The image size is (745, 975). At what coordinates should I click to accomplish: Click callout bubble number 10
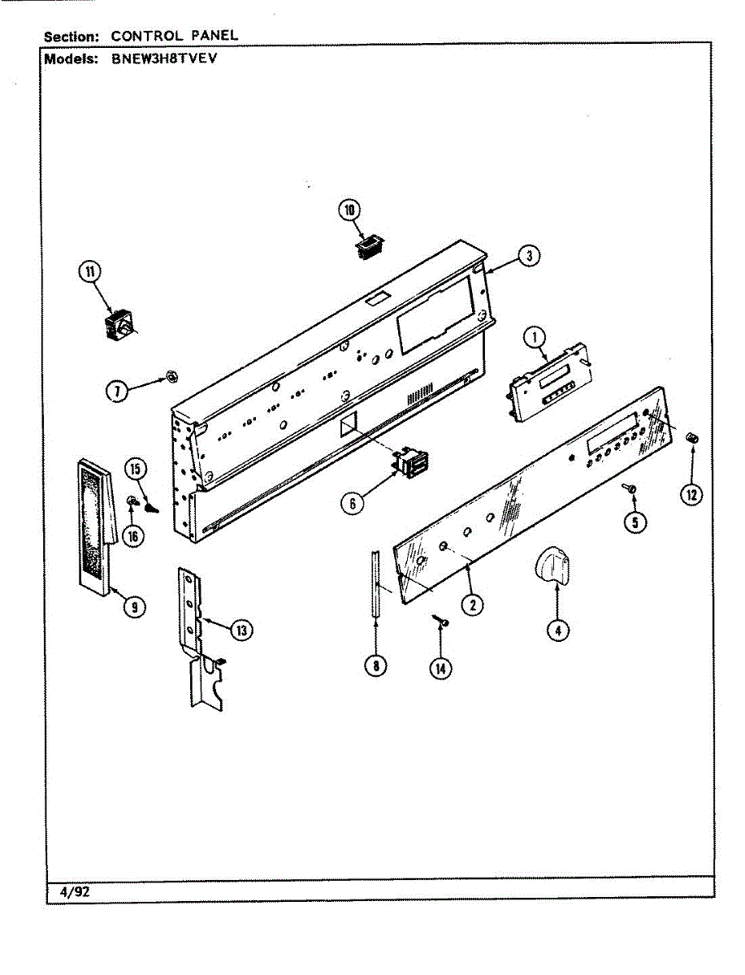click(x=349, y=210)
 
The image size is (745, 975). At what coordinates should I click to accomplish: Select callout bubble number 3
click(x=528, y=257)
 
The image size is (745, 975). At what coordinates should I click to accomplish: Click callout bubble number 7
click(x=119, y=392)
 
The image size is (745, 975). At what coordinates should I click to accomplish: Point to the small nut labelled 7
click(x=171, y=375)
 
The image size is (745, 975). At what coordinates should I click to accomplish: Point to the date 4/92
click(x=74, y=891)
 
